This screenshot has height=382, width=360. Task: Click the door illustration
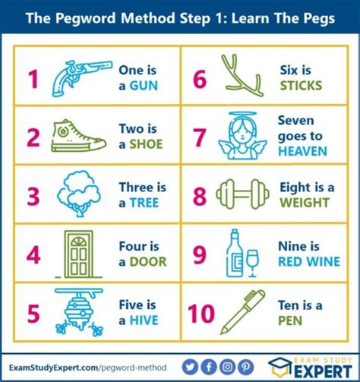click(78, 254)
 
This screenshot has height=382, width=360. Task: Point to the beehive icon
click(77, 311)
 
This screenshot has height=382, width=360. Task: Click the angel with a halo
click(242, 136)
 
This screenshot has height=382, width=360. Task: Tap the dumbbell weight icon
click(242, 195)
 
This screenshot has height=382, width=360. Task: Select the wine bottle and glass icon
click(242, 254)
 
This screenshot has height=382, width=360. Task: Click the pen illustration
click(242, 312)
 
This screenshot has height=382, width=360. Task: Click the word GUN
click(144, 86)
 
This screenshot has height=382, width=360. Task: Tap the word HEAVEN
click(302, 151)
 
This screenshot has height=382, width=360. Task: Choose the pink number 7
click(199, 137)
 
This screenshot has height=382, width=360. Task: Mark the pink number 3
click(33, 196)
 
